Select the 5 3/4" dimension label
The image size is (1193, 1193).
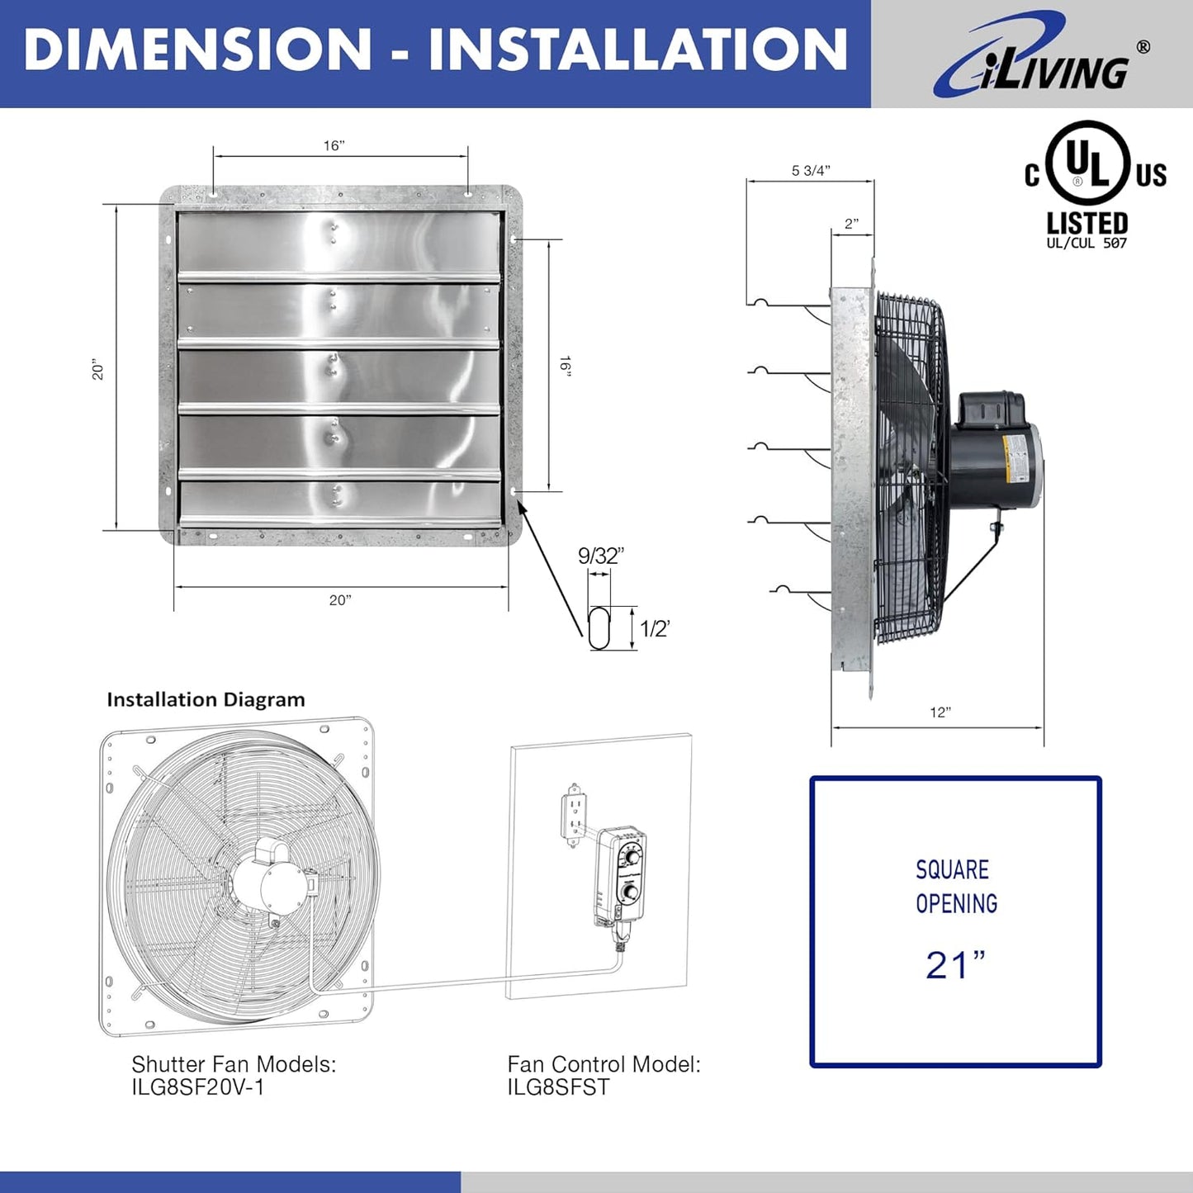(x=811, y=171)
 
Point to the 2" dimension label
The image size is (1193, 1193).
(x=851, y=224)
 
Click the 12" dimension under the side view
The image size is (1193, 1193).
(x=940, y=712)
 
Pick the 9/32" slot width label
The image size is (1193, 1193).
(x=600, y=556)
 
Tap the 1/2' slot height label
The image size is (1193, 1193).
(x=655, y=629)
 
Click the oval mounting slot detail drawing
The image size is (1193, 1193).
(x=599, y=628)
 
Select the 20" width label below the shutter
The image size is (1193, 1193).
(x=340, y=600)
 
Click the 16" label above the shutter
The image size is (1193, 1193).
(x=334, y=146)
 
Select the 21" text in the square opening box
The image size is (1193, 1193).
(x=955, y=964)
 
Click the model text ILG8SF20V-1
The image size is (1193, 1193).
(x=198, y=1087)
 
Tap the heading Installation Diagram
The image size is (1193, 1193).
(x=206, y=700)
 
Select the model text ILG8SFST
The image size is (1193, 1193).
(x=558, y=1087)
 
